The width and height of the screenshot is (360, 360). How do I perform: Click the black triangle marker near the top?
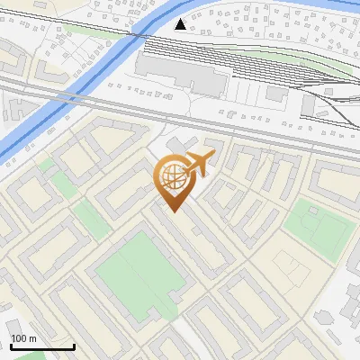coord(182,24)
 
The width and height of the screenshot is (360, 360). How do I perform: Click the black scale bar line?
coord(41,346)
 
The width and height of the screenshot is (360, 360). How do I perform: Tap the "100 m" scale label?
coord(23,338)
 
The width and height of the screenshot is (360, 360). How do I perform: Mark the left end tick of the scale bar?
coord(10,346)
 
